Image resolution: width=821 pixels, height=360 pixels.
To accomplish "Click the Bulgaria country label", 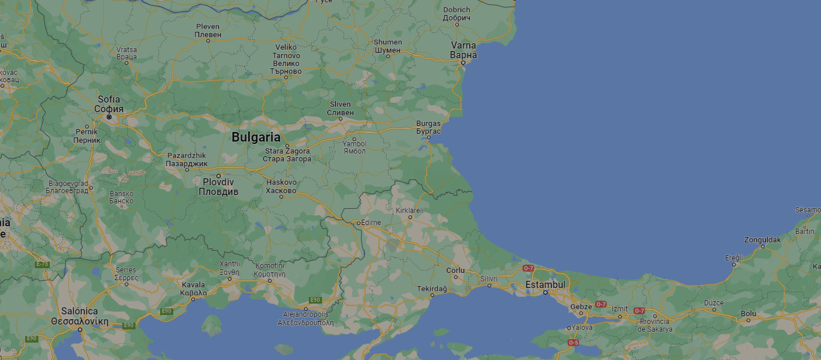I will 256,137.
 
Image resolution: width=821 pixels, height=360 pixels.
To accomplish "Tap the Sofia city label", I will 109,104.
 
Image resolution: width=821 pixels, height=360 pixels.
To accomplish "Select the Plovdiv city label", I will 218,187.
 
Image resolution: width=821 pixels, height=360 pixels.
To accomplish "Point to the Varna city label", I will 463,50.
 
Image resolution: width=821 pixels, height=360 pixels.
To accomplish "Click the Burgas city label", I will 428,127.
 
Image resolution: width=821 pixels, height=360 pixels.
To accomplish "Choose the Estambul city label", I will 545,284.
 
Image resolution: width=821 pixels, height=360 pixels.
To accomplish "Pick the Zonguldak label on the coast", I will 762,239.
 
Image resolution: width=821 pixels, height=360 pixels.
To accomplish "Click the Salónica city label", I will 80,316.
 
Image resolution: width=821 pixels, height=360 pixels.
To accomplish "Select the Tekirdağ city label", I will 432,289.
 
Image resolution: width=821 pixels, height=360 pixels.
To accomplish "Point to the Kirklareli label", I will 410,211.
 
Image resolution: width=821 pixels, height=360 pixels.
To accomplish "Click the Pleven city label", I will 208,31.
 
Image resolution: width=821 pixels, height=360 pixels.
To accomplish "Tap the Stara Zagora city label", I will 288,155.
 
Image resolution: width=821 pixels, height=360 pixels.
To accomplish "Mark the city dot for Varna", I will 463,62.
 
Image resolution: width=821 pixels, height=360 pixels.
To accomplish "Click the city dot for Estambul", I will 545,292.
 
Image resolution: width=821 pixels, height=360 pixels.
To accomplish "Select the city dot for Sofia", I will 109,116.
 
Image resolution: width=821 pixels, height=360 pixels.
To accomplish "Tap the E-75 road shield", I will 42,264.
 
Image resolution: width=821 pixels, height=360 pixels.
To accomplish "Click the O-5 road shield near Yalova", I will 573,343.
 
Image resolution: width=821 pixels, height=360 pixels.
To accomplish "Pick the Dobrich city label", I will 456,13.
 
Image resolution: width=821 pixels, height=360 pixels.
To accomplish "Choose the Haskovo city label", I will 281,187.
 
